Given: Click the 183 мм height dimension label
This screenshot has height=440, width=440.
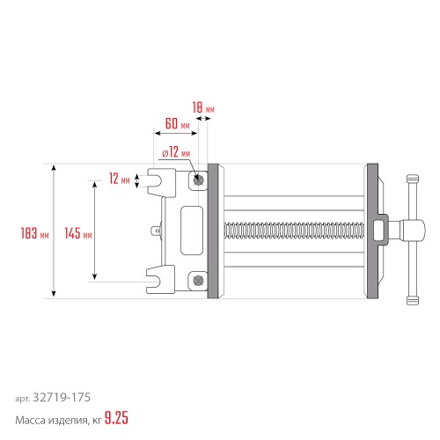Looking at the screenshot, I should pyautogui.click(x=33, y=234).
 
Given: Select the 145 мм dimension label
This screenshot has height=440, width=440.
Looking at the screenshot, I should pyautogui.click(x=78, y=234).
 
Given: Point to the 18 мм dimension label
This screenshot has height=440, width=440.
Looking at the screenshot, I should pyautogui.click(x=203, y=106).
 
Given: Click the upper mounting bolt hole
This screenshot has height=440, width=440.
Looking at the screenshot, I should pyautogui.click(x=200, y=180).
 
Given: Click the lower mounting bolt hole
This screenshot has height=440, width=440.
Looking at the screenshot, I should pyautogui.click(x=200, y=281).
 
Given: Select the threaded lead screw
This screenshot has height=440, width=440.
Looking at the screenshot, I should pyautogui.click(x=295, y=231).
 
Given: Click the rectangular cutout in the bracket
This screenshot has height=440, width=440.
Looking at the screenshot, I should pyautogui.click(x=189, y=231).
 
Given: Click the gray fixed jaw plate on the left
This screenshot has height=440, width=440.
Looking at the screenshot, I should pyautogui.click(x=212, y=231).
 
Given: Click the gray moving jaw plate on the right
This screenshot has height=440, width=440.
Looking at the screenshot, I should pyautogui.click(x=371, y=231).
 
